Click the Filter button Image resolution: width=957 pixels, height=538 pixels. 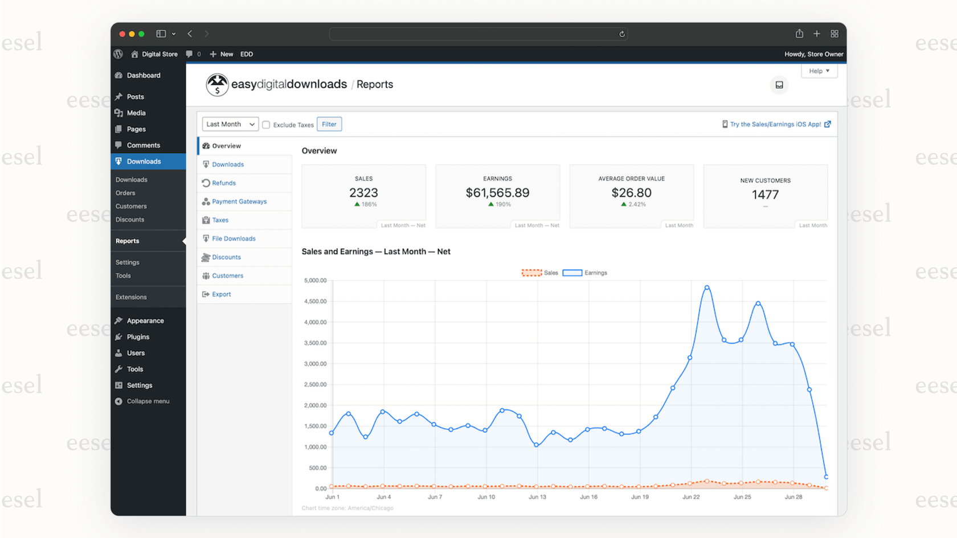click(x=329, y=124)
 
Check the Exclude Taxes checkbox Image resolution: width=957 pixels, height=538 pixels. click(x=266, y=125)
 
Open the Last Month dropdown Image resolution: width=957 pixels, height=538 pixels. click(x=230, y=124)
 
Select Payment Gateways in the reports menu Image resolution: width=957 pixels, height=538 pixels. click(x=239, y=202)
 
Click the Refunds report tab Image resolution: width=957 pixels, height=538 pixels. click(x=223, y=183)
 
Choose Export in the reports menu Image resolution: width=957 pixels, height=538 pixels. click(x=221, y=294)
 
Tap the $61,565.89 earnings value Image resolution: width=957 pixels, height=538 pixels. click(x=497, y=193)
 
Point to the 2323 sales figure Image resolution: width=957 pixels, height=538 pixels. click(x=363, y=193)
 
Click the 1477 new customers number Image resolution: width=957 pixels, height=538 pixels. click(x=765, y=195)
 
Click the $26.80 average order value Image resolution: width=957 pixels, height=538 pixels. click(x=631, y=193)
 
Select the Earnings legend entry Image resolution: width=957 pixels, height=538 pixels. click(x=585, y=273)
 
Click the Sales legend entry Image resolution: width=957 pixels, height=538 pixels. click(x=540, y=273)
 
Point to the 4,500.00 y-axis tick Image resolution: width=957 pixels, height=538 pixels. click(x=315, y=301)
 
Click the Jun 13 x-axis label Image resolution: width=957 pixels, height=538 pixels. click(x=537, y=497)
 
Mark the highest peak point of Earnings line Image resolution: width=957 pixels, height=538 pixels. click(x=707, y=288)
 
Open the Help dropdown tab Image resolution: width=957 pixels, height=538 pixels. click(x=819, y=71)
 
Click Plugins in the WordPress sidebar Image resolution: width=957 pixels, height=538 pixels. click(x=138, y=337)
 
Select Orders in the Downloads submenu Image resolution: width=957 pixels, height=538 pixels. click(x=125, y=193)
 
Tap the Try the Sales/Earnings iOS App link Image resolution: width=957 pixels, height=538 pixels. click(x=775, y=124)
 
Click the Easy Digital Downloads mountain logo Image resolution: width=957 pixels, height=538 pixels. click(x=217, y=85)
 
